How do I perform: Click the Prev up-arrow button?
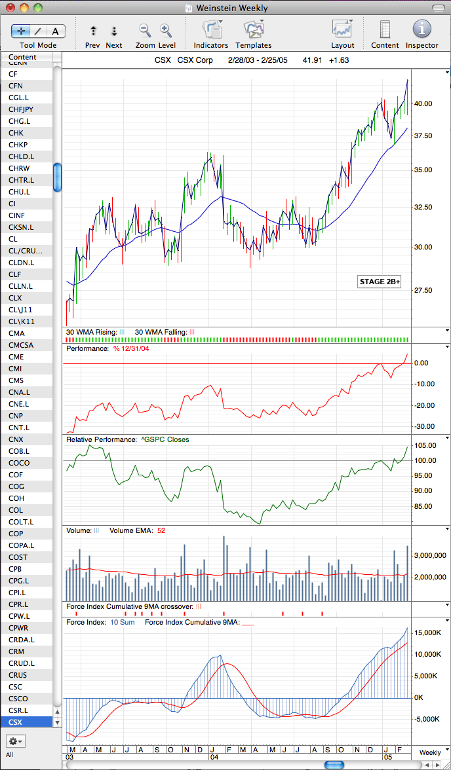93,31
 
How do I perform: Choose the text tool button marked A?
55,31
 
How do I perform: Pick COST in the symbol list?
18,557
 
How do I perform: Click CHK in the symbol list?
16,132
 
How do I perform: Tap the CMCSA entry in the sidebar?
21,344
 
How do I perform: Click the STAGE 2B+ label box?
379,282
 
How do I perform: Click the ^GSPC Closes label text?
165,439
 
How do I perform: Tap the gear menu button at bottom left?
16,741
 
